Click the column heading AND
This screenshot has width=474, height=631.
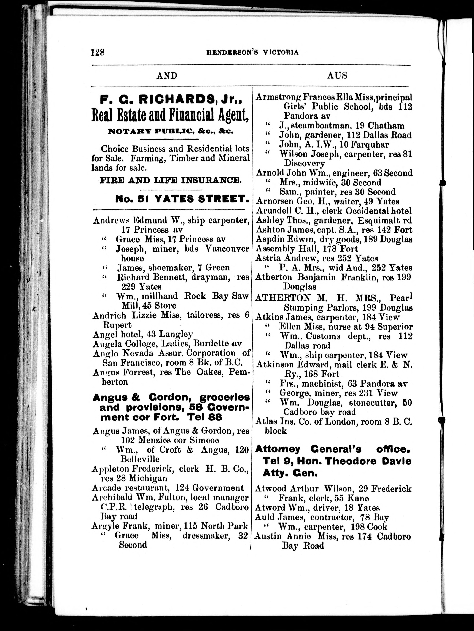click(167, 76)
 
